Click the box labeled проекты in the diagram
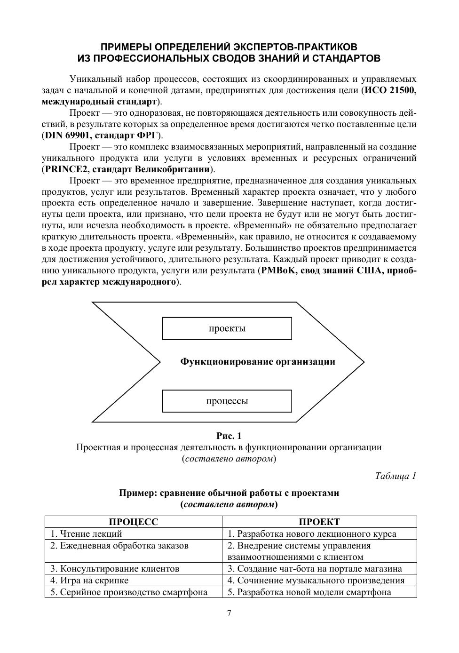227,328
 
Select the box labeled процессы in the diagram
227,401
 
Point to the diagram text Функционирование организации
258,362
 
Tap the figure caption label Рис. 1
229,436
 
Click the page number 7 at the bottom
229,613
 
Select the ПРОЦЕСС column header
134,522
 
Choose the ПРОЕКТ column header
319,522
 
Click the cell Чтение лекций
87,534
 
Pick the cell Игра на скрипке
89,580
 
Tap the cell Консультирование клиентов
115,568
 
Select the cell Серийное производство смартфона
129,592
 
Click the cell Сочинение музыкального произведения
316,580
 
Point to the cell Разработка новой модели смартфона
309,592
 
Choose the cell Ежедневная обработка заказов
119,546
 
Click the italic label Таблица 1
396,476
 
